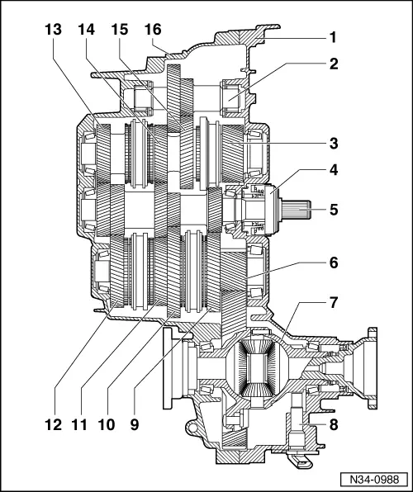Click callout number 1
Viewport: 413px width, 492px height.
tap(333, 38)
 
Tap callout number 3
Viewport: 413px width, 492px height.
tap(333, 144)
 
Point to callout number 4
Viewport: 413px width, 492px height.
tap(333, 173)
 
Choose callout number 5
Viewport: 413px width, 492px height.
tap(333, 210)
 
